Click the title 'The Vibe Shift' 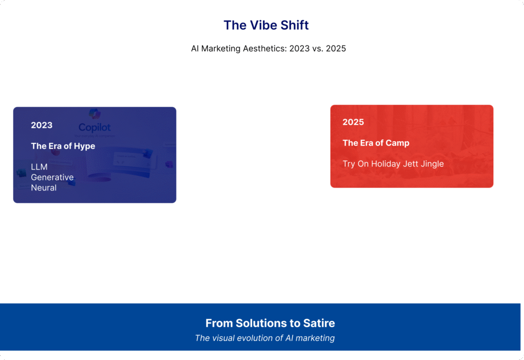tap(266, 25)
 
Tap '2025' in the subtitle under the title tap(336, 49)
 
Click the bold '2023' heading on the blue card tap(41, 125)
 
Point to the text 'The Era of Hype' tap(63, 146)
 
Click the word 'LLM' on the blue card tap(39, 167)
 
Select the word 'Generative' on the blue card tap(52, 177)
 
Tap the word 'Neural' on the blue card tap(43, 188)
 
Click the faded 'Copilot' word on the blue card tap(95, 128)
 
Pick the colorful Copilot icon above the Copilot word tap(95, 114)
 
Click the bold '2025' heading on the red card tap(353, 122)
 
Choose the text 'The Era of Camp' tap(376, 143)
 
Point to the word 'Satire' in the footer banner tap(320, 323)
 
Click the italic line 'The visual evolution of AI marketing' tap(265, 338)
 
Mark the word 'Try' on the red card tap(348, 164)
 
